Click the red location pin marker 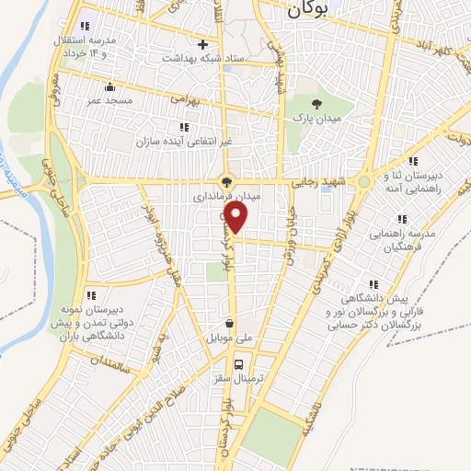pyautogui.click(x=236, y=217)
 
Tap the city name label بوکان pyautogui.click(x=307, y=9)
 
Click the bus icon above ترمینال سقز pyautogui.click(x=239, y=362)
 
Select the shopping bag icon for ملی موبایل pyautogui.click(x=230, y=324)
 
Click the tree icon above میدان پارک pyautogui.click(x=317, y=103)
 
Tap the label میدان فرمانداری pyautogui.click(x=225, y=197)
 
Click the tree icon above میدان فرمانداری pyautogui.click(x=226, y=181)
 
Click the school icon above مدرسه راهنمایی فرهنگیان pyautogui.click(x=401, y=219)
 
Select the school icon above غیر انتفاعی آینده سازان pyautogui.click(x=185, y=127)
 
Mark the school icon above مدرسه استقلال pyautogui.click(x=86, y=26)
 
